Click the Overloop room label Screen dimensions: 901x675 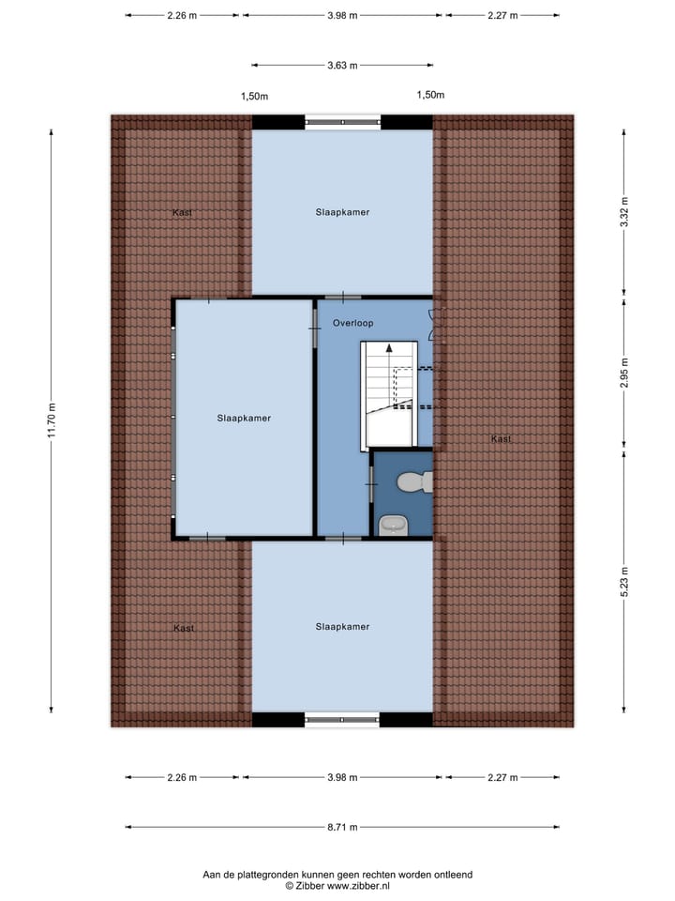(x=353, y=323)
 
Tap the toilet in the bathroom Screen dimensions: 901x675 (x=412, y=482)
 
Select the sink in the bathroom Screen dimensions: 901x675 (x=392, y=525)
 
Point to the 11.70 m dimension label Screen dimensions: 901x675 (x=53, y=420)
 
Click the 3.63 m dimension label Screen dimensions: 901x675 (x=342, y=66)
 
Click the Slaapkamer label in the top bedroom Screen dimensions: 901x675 (x=342, y=212)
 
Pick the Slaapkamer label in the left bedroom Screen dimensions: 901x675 (x=244, y=419)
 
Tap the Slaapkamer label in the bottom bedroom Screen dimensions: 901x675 (x=342, y=627)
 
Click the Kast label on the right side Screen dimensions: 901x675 (x=501, y=438)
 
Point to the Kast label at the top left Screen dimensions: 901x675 (x=183, y=213)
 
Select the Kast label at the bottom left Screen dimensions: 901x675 (x=184, y=628)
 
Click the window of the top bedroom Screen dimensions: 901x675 (x=342, y=122)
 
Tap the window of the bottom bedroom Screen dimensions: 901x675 (x=342, y=720)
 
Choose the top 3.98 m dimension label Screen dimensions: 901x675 (x=342, y=15)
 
